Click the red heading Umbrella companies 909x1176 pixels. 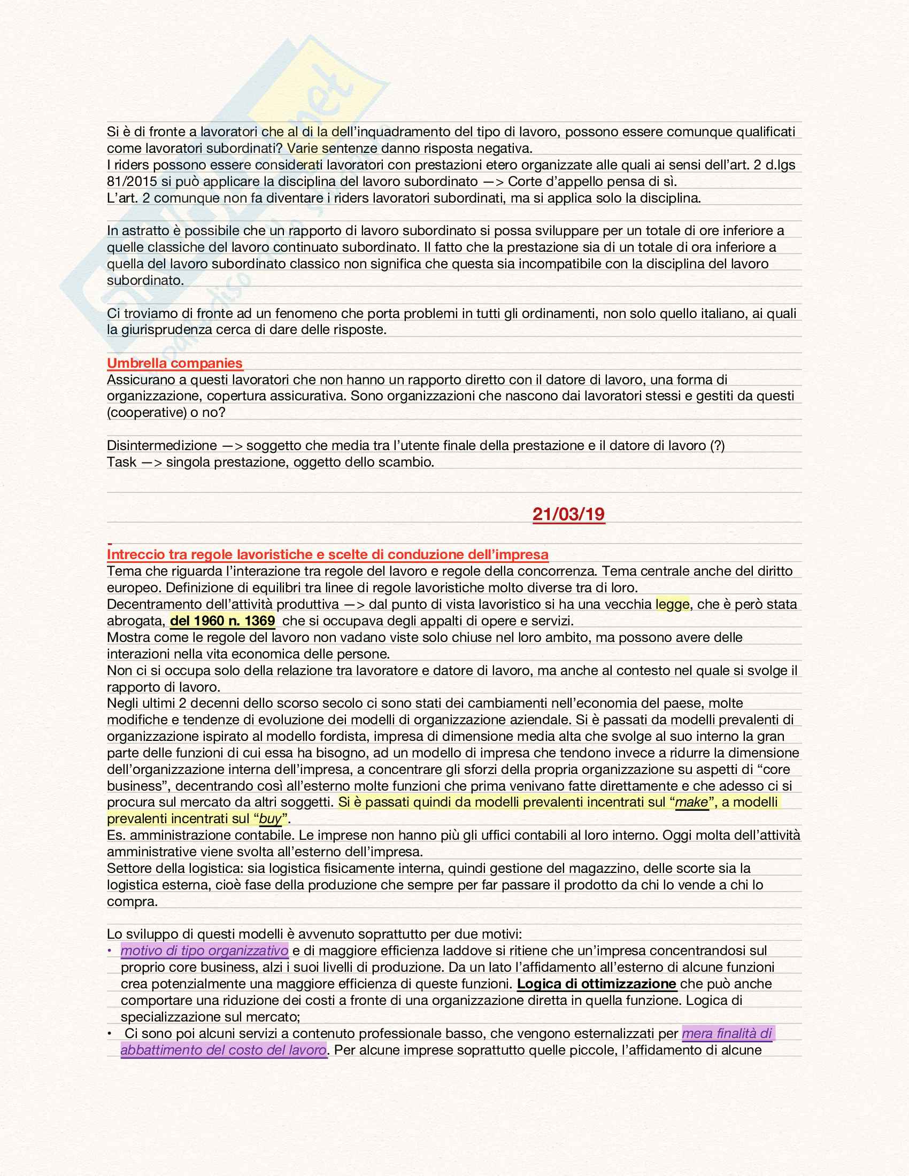click(x=174, y=363)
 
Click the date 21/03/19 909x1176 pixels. click(x=569, y=514)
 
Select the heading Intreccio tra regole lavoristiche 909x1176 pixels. click(x=327, y=554)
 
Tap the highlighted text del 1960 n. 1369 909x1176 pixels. click(x=222, y=620)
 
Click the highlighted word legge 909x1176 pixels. click(x=672, y=604)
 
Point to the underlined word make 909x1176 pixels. click(x=691, y=802)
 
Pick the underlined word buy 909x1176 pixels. click(x=271, y=818)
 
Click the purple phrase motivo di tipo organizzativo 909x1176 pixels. click(x=204, y=950)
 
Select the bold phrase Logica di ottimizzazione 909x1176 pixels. click(x=596, y=984)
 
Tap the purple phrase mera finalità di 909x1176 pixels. click(x=727, y=1033)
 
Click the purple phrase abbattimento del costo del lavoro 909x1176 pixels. click(x=224, y=1049)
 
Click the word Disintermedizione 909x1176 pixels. click(x=161, y=445)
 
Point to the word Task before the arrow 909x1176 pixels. click(x=121, y=462)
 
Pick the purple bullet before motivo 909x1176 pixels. click(x=110, y=951)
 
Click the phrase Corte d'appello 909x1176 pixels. click(x=551, y=181)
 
